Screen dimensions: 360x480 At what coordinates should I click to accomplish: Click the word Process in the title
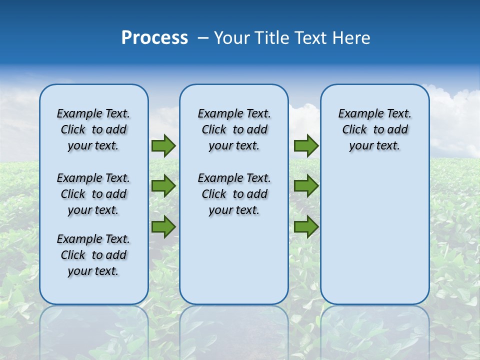click(x=154, y=38)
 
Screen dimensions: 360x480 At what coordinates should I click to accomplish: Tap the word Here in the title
click(x=352, y=38)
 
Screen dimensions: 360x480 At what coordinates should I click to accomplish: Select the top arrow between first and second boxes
click(x=163, y=146)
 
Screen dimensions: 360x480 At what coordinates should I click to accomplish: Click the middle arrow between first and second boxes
click(x=163, y=186)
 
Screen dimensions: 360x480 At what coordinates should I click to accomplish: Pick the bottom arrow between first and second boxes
click(x=163, y=227)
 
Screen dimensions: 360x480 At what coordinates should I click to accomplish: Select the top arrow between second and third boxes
click(x=306, y=146)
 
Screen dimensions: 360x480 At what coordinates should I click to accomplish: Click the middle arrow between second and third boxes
click(x=306, y=186)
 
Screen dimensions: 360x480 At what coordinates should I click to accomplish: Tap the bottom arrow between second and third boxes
click(x=306, y=227)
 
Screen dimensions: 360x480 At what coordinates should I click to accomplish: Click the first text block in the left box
click(x=93, y=129)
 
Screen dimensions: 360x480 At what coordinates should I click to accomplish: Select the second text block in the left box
click(x=93, y=194)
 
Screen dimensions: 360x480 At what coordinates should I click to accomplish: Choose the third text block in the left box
click(x=93, y=255)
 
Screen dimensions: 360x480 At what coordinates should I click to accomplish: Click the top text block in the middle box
click(x=234, y=129)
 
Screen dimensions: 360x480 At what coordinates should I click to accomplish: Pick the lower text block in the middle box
click(x=234, y=194)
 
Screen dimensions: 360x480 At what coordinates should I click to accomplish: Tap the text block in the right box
click(x=374, y=129)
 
